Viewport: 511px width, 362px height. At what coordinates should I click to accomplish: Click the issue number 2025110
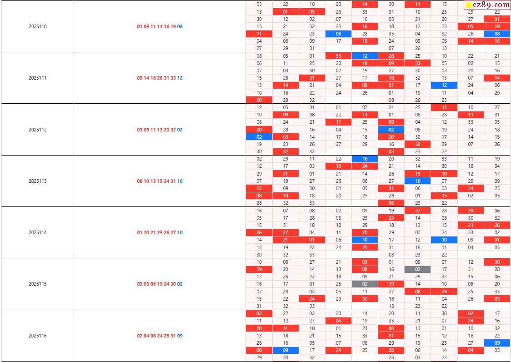(37, 26)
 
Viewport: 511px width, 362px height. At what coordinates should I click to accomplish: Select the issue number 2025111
(37, 78)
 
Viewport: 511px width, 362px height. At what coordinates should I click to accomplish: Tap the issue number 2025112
(37, 130)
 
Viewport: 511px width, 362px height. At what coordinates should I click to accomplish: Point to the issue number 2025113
(37, 181)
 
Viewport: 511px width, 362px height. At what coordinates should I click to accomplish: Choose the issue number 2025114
(37, 232)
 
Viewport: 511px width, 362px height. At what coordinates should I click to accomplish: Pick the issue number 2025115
(37, 284)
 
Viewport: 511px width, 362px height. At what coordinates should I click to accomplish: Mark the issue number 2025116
(37, 336)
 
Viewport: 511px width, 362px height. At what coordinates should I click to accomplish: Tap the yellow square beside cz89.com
(468, 5)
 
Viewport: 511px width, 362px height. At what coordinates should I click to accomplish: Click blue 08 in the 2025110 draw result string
(180, 26)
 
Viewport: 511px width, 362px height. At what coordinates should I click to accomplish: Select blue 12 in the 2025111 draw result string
(180, 78)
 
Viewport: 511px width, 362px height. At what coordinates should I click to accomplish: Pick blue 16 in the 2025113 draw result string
(180, 181)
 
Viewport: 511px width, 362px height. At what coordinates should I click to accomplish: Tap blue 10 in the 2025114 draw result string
(180, 232)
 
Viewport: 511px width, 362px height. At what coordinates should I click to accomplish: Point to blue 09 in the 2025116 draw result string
(180, 336)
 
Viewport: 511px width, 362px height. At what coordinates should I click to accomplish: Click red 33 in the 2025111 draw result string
(173, 78)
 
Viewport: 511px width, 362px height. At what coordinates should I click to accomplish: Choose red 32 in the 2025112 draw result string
(173, 130)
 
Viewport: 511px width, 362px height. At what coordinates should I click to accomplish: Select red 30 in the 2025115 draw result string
(173, 284)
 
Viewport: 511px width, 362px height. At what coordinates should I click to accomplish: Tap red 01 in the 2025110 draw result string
(140, 26)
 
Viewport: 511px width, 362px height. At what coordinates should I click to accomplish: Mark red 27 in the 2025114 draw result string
(173, 232)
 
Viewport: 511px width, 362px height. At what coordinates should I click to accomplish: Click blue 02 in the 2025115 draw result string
(180, 284)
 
